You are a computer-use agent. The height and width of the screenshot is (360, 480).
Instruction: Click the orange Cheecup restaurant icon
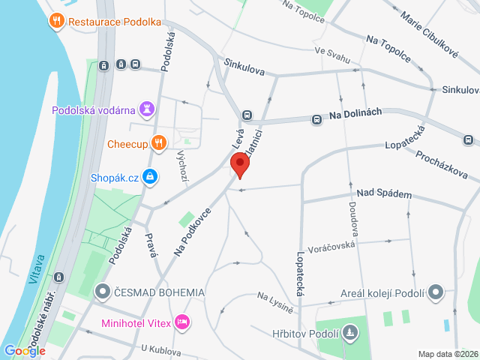[x=157, y=142]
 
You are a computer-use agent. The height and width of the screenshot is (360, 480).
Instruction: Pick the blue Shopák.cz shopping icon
[x=151, y=177]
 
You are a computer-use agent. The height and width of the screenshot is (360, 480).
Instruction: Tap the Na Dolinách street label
[x=355, y=112]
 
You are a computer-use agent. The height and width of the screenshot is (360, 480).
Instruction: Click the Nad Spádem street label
[x=384, y=194]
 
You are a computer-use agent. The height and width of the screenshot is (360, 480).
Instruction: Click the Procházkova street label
[x=442, y=163]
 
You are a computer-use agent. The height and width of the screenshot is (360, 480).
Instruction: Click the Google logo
[x=25, y=350]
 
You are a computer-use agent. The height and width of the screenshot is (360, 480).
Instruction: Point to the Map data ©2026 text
[x=446, y=354]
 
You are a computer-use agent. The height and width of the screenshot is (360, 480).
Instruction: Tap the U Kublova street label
[x=160, y=349]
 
